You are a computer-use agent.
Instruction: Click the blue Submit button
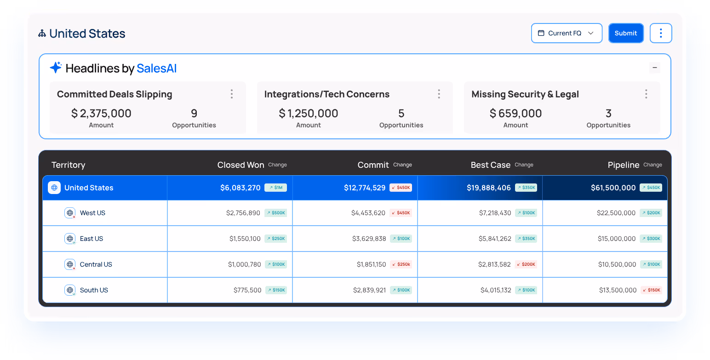[626, 33]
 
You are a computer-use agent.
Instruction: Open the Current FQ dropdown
[567, 33]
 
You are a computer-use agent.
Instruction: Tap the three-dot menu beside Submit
[661, 33]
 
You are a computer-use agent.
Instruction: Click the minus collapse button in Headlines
[655, 68]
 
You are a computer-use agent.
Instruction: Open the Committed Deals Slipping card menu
[232, 94]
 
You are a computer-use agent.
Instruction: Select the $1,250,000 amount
[309, 113]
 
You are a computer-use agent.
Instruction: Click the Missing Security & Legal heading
[525, 94]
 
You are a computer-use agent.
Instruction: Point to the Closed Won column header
[240, 165]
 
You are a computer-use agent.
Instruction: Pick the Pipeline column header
[624, 165]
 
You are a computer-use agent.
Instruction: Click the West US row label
[92, 213]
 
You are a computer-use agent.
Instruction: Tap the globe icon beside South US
[70, 290]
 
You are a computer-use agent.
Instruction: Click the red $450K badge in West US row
[401, 213]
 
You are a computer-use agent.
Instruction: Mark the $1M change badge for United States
[275, 188]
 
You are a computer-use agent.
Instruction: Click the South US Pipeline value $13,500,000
[618, 290]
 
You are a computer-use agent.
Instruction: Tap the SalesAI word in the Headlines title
[156, 69]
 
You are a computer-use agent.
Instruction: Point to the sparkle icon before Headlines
[56, 68]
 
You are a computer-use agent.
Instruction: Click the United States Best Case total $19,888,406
[489, 188]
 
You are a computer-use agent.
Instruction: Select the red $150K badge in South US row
[651, 290]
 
